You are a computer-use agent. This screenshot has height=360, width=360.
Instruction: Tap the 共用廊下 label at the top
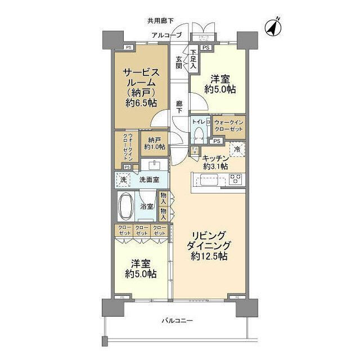click(159, 21)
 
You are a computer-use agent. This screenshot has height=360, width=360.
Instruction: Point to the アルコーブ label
click(166, 35)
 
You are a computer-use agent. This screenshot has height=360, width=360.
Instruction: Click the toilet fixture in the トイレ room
click(199, 133)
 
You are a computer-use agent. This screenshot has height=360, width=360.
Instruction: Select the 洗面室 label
click(149, 180)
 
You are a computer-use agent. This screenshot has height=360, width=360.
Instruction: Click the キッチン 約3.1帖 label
click(215, 162)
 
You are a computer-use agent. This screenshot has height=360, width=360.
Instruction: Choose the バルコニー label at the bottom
click(177, 320)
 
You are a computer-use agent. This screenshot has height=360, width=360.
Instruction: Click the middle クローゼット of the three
click(141, 230)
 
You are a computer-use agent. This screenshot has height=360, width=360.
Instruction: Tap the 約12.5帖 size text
click(209, 256)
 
